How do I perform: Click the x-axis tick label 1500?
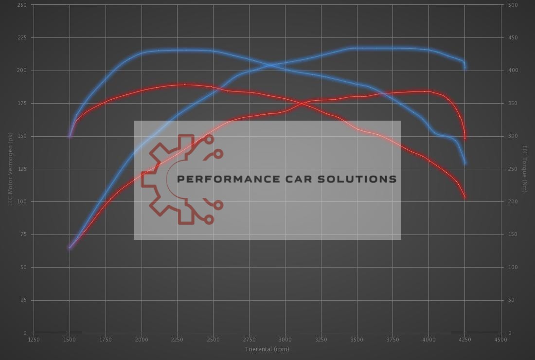(70, 340)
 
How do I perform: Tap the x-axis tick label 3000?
(285, 340)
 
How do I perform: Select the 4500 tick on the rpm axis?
(500, 340)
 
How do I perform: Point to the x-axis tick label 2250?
(177, 340)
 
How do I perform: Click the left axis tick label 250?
(22, 5)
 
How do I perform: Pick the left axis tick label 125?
(22, 169)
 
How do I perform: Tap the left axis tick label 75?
(23, 234)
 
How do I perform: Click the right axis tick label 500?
(513, 5)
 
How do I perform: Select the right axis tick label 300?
(513, 136)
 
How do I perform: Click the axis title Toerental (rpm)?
(267, 349)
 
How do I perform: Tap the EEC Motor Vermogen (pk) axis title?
(10, 169)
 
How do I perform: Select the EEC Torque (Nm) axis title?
(525, 169)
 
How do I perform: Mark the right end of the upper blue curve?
(465, 67)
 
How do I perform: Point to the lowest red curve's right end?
(465, 197)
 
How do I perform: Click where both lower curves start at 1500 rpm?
(70, 248)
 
